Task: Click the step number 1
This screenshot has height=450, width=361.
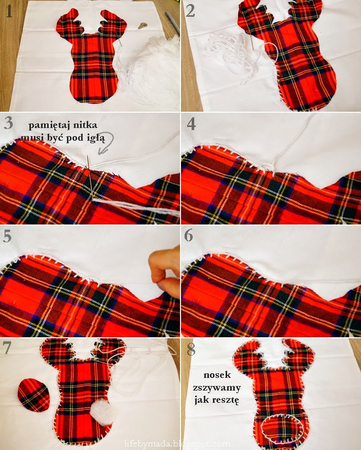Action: [9, 12]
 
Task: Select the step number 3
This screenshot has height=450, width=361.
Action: [8, 123]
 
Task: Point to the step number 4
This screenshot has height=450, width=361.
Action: [191, 123]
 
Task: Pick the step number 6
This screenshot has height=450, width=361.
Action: [189, 235]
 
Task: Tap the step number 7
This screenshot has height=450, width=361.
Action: [7, 347]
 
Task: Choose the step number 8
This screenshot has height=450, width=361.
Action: [191, 349]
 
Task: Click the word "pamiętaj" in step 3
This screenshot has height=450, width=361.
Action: [48, 125]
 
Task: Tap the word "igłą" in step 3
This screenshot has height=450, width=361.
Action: [95, 138]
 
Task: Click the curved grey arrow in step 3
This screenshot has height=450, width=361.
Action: [107, 142]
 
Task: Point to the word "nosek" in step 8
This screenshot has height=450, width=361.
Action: [217, 374]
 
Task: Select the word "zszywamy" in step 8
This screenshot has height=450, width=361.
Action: [216, 388]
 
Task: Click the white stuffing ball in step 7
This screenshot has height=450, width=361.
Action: [102, 412]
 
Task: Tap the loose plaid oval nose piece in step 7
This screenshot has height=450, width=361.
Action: [33, 395]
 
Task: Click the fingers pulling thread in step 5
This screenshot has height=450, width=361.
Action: [165, 268]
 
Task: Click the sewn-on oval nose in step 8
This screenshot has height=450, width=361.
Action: [282, 429]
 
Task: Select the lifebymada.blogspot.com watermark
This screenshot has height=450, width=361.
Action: [177, 444]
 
